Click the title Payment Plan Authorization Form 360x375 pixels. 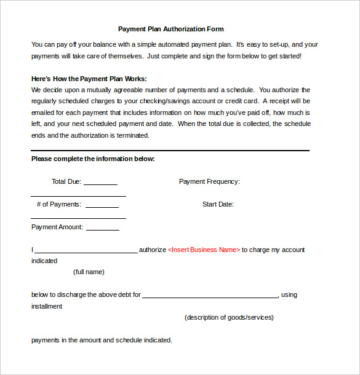[x=170, y=29]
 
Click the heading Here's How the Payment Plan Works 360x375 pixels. [x=89, y=79]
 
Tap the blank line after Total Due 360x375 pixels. [x=100, y=184]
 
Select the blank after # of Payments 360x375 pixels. [x=102, y=207]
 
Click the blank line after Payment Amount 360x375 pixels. [x=103, y=229]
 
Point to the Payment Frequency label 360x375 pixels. [x=209, y=181]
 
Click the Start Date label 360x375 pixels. [x=218, y=204]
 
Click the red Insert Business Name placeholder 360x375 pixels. [x=204, y=250]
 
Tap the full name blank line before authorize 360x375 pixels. [x=86, y=252]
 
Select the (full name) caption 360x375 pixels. [x=89, y=272]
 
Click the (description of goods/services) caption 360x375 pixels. [x=229, y=317]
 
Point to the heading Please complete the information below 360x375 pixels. [x=93, y=159]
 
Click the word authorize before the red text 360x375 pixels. [x=153, y=250]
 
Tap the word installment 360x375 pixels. [x=47, y=306]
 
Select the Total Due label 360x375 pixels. [x=66, y=181]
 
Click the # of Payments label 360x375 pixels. [x=58, y=204]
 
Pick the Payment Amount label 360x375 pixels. [x=57, y=227]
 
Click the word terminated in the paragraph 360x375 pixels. [x=131, y=135]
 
